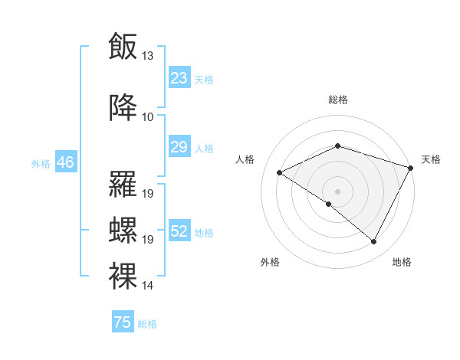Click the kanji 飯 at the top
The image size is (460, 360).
pyautogui.click(x=123, y=47)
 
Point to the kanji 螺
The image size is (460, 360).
pyautogui.click(x=123, y=230)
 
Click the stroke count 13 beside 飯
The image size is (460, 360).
pyautogui.click(x=148, y=56)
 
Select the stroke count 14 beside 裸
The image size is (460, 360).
pyautogui.click(x=148, y=285)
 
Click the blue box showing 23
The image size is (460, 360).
pyautogui.click(x=179, y=78)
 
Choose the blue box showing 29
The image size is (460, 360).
pyautogui.click(x=179, y=147)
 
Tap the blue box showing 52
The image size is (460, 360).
pyautogui.click(x=179, y=231)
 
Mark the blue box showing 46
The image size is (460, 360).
pyautogui.click(x=65, y=162)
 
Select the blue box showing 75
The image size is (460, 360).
pyautogui.click(x=123, y=322)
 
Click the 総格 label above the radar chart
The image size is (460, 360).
pyautogui.click(x=337, y=100)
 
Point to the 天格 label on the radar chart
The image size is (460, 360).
pyautogui.click(x=431, y=159)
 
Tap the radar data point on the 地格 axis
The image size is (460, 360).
pyautogui.click(x=374, y=242)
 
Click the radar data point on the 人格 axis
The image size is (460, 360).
pyautogui.click(x=280, y=172)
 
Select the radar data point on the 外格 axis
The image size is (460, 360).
pyautogui.click(x=329, y=204)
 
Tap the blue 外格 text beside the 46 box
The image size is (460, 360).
pyautogui.click(x=40, y=163)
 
